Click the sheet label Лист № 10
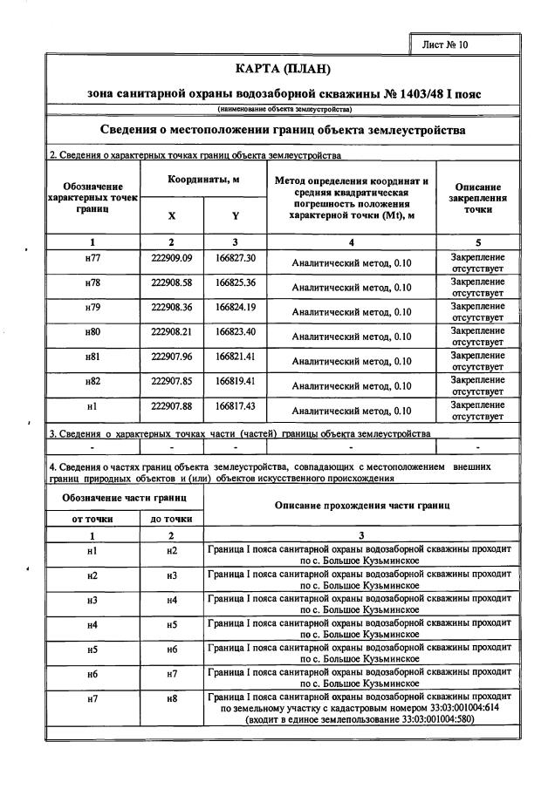[445, 44]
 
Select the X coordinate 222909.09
[171, 259]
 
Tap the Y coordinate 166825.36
[235, 283]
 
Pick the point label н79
[92, 308]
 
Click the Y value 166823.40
[235, 332]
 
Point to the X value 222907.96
[171, 357]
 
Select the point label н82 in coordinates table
[92, 381]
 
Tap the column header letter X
[171, 215]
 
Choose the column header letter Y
[235, 215]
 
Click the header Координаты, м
[203, 180]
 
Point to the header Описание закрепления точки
[477, 198]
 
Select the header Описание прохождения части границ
[361, 505]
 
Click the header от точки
[92, 518]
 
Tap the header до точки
[171, 518]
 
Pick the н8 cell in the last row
[171, 699]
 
